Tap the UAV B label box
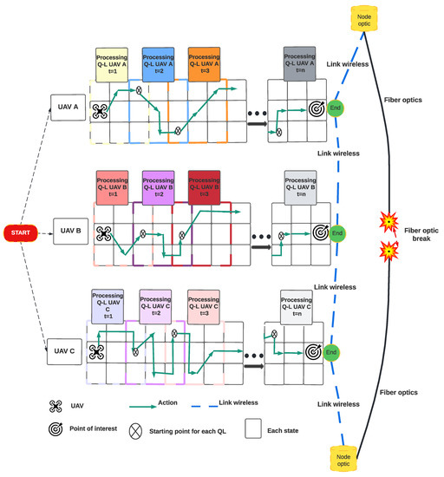[72, 232]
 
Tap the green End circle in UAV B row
[338, 232]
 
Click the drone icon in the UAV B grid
[105, 233]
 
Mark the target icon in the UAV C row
[310, 351]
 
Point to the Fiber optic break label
[421, 236]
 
